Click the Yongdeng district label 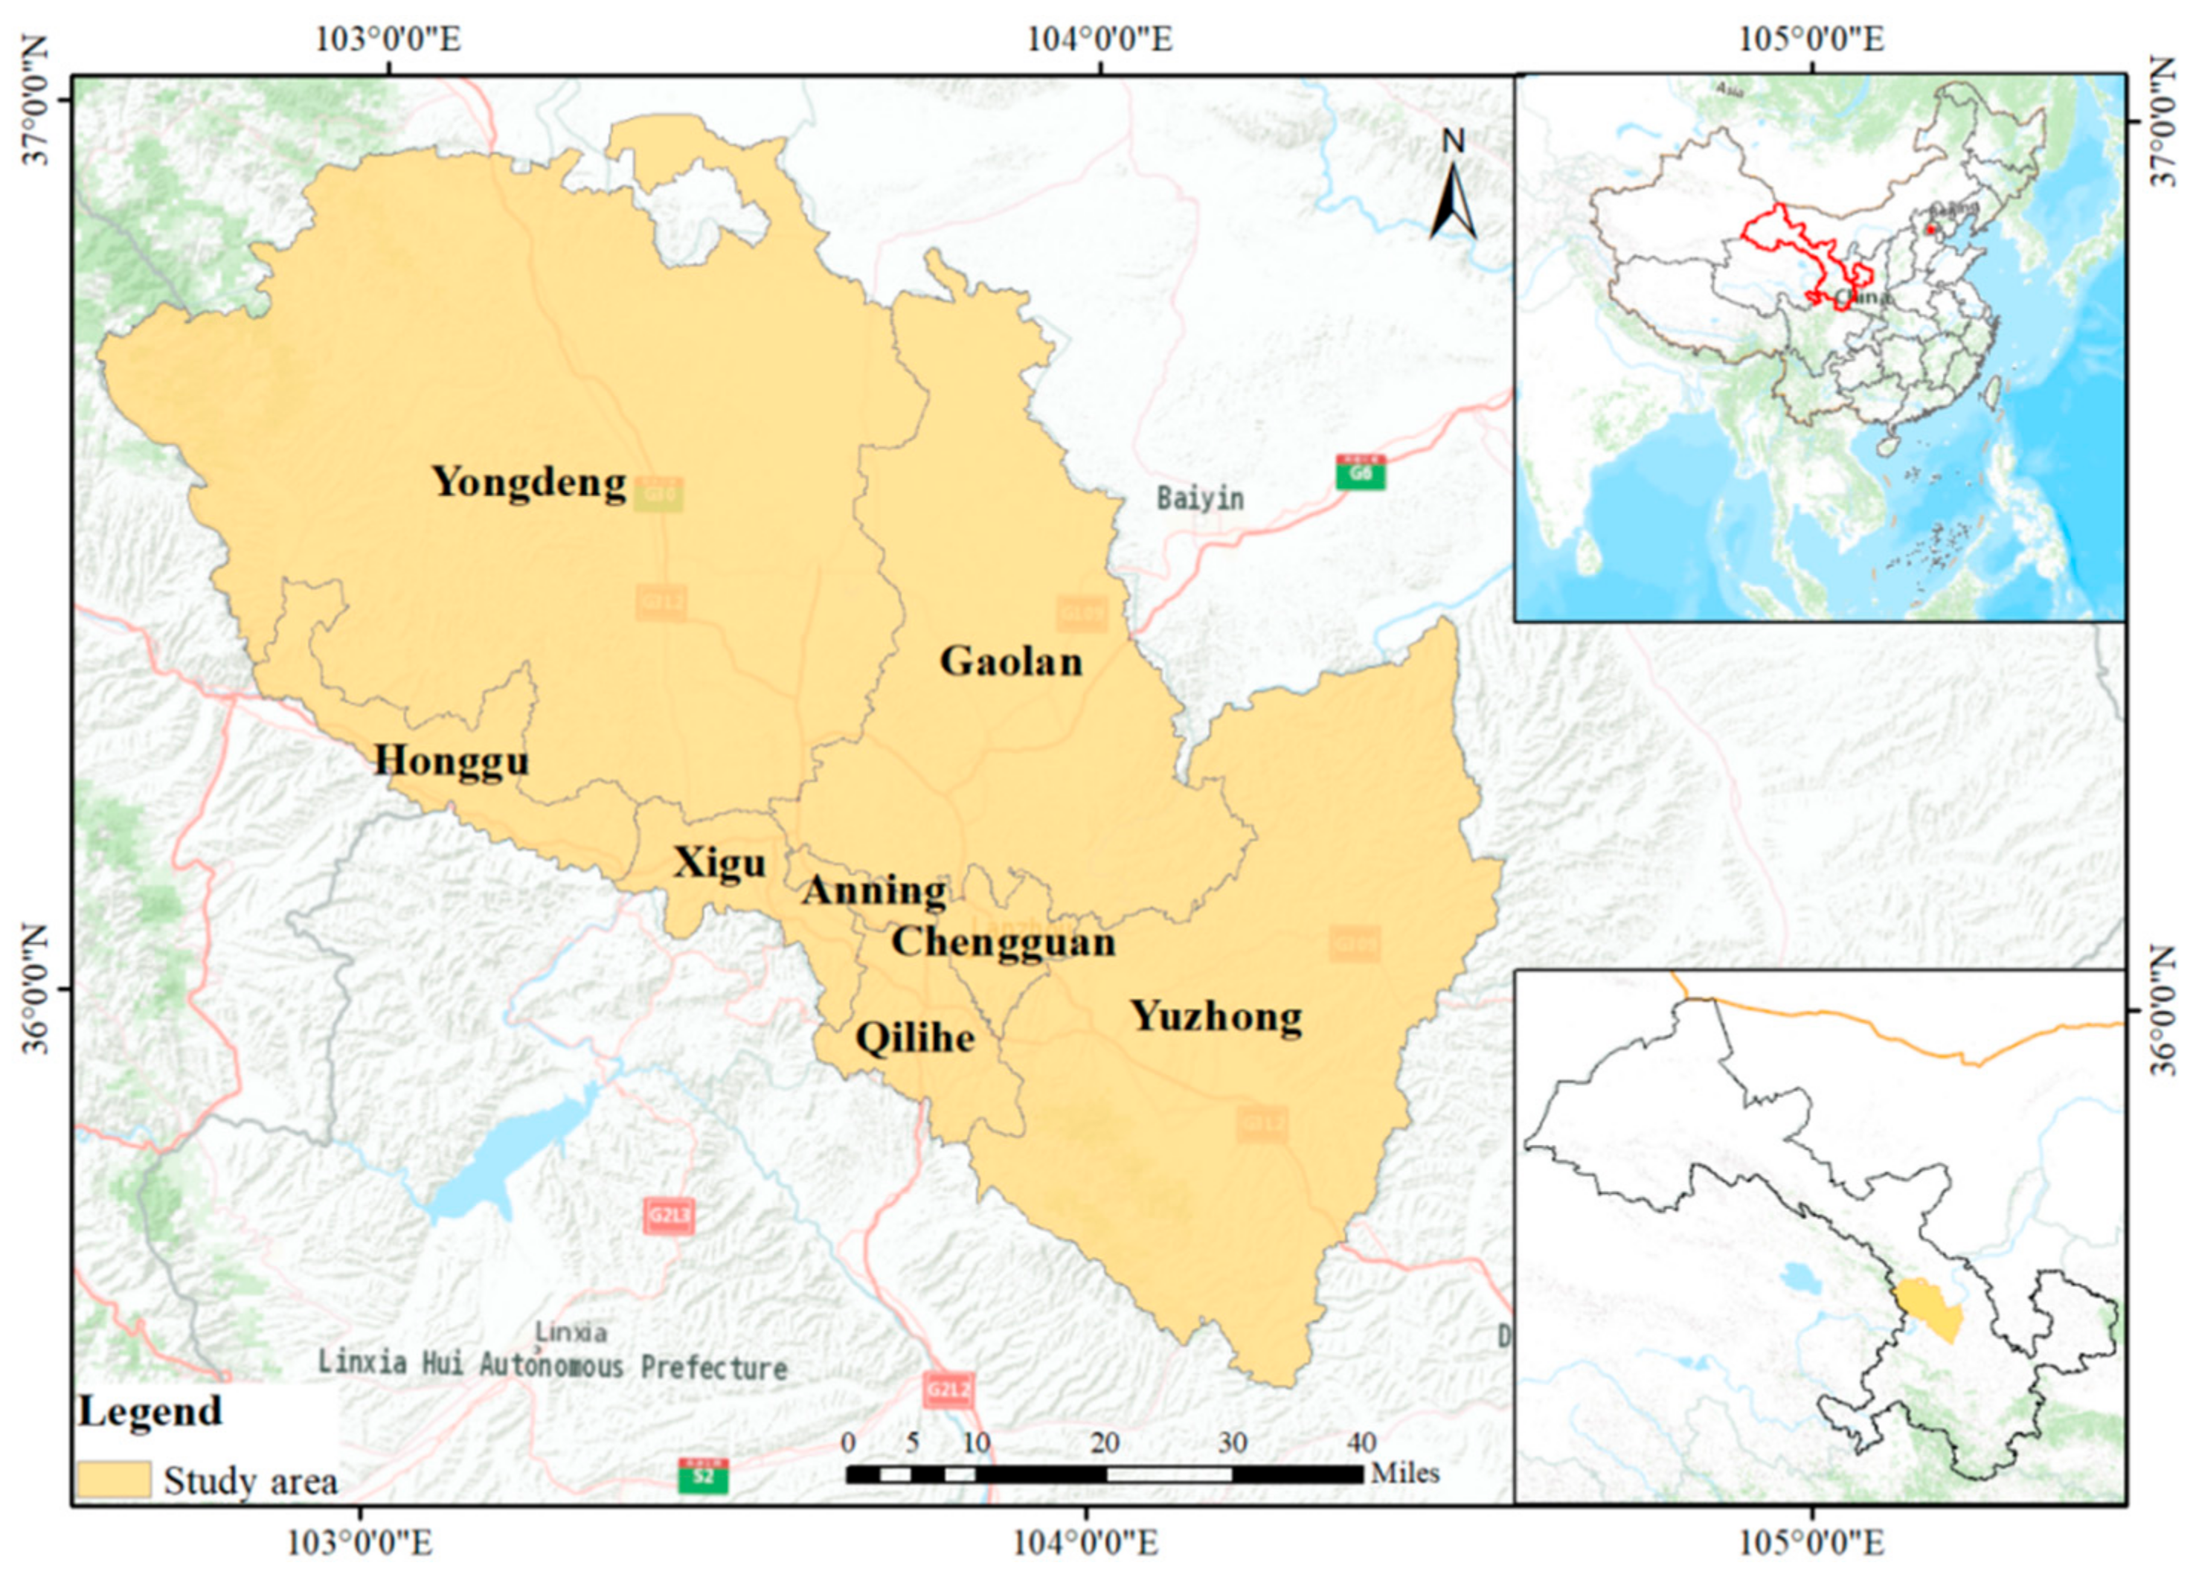529,482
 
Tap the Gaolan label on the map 1011,661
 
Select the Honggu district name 452,760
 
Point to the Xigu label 719,861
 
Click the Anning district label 874,890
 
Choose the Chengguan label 1003,941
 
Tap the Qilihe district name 915,1038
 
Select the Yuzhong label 1216,1015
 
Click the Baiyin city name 1200,498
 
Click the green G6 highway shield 1361,473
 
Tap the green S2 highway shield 703,1477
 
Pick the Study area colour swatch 113,1480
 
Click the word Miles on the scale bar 1405,1473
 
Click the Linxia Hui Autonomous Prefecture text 552,1366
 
